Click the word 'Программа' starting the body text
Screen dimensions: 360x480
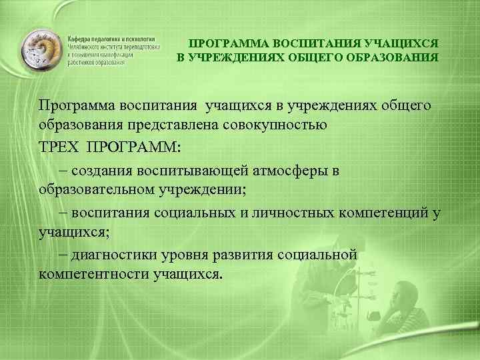pyautogui.click(x=77, y=105)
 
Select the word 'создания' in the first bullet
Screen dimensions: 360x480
pyautogui.click(x=101, y=170)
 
